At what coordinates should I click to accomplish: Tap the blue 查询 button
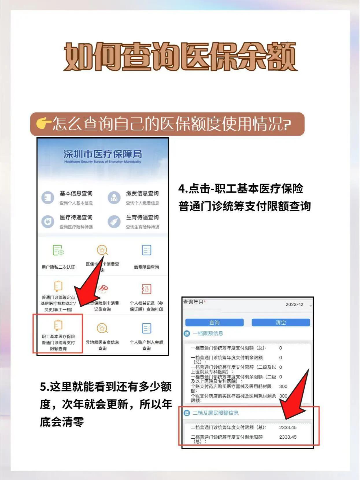[214, 322]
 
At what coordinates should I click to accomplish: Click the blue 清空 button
[280, 322]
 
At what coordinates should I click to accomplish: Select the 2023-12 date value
[294, 304]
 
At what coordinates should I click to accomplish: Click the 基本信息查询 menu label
[76, 193]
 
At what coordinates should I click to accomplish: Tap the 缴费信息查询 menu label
[142, 193]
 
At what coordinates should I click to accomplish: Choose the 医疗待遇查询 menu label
[76, 217]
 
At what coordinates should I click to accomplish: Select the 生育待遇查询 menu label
[142, 217]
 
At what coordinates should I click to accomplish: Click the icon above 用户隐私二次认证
[58, 250]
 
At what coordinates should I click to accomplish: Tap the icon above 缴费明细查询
[147, 250]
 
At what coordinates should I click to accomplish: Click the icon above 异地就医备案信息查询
[102, 328]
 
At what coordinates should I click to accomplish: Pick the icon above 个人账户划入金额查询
[147, 328]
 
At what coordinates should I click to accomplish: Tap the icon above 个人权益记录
[146, 289]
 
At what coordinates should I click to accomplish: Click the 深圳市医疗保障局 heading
[103, 154]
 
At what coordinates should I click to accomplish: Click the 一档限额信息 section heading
[208, 333]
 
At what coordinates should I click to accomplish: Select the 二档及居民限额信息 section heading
[216, 413]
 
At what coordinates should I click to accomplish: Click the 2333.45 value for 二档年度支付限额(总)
[288, 427]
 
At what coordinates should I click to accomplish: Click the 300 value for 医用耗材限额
[283, 386]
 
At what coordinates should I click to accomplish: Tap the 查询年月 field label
[193, 302]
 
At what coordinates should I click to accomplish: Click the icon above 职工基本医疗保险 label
[58, 325]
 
